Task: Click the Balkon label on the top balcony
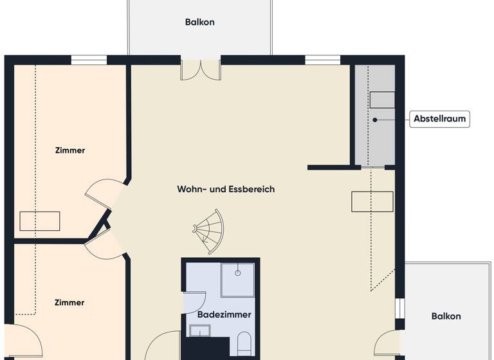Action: coord(199,22)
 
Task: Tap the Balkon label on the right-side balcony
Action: coord(446,316)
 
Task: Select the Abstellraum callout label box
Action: coord(440,119)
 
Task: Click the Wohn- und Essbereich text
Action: coord(226,189)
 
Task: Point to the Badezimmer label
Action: coord(224,315)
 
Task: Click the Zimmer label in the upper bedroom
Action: coord(69,150)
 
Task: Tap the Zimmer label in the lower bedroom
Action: coord(69,302)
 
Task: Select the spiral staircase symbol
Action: coord(210,230)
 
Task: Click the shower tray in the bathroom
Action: coord(237,280)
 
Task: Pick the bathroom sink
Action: coord(200,331)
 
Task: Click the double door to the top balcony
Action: coord(201,69)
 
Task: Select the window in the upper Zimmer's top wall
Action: coord(89,60)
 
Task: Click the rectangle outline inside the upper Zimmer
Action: coord(39,221)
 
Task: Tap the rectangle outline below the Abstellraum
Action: coord(372,201)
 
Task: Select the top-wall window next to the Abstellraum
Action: coord(322,60)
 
